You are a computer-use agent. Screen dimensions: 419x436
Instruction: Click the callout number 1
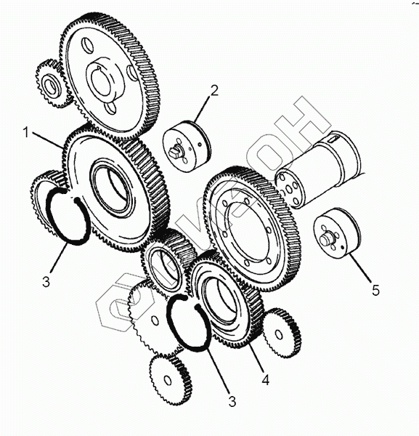[26, 133]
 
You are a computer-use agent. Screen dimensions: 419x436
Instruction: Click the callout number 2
[214, 91]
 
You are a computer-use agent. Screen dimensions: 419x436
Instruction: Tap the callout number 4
[266, 379]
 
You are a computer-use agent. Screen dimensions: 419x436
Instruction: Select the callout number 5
[375, 291]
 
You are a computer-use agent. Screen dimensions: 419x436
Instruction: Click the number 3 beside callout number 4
[232, 401]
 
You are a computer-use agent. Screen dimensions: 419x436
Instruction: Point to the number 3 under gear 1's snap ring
[46, 281]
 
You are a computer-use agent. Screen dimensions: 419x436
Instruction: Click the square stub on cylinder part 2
[174, 151]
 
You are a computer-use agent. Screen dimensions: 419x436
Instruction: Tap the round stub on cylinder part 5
[325, 239]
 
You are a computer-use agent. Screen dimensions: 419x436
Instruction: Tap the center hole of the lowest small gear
[167, 380]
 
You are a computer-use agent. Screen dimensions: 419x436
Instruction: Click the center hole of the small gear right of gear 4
[279, 334]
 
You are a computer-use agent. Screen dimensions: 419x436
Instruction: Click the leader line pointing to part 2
[203, 109]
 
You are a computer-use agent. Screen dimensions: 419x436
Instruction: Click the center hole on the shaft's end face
[289, 190]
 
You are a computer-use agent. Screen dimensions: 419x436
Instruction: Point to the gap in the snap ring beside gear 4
[191, 302]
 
